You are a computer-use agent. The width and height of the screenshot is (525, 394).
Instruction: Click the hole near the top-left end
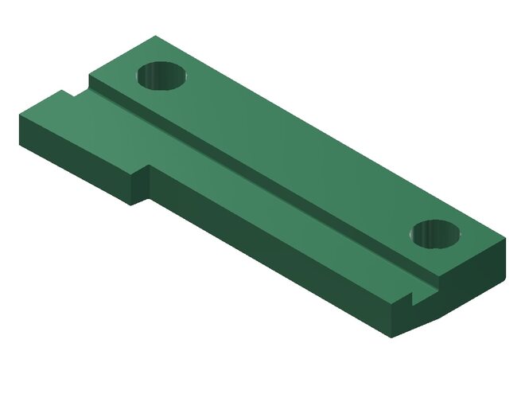pos(161,77)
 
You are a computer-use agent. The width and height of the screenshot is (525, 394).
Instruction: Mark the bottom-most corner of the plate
pos(392,338)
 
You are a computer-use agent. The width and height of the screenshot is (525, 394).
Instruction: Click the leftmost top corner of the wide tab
pos(19,114)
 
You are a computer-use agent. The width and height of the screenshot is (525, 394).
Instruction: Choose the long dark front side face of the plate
pos(270,255)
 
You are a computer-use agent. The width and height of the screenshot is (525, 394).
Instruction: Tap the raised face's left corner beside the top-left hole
pos(88,76)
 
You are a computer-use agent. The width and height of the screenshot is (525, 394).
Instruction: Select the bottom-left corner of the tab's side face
pos(20,144)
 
